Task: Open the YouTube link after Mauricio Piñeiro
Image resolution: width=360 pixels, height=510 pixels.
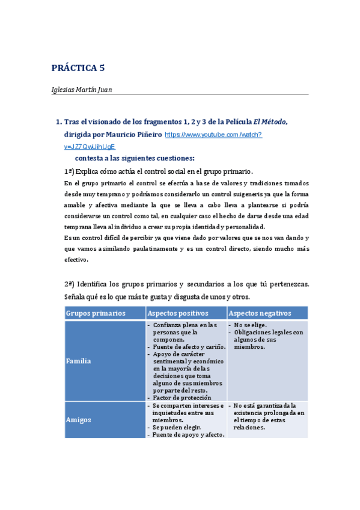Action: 213,135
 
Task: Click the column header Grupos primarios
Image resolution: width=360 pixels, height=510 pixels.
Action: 96,313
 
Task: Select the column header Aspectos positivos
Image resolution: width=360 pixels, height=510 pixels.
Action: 178,313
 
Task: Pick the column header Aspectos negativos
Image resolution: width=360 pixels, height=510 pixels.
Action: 260,313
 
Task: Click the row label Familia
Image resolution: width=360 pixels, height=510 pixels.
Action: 79,361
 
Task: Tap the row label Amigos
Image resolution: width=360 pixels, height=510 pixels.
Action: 79,420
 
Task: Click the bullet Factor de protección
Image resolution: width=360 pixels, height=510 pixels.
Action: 182,398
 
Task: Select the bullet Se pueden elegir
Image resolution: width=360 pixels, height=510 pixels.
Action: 178,426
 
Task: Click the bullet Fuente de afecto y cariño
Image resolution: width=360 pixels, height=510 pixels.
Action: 189,346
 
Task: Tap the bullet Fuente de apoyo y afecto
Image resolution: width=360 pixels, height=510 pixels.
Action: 188,434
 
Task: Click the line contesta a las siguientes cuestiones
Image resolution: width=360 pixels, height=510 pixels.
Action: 134,158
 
